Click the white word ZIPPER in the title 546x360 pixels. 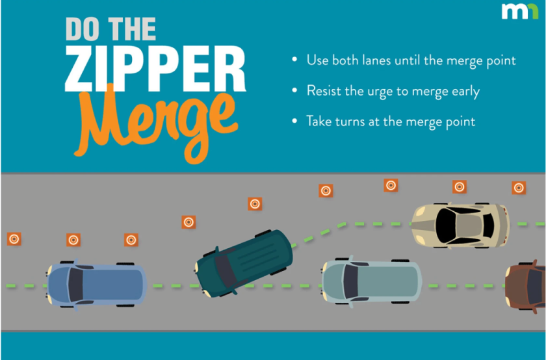point(155,69)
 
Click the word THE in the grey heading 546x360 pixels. point(132,29)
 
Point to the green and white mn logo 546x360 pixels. point(519,11)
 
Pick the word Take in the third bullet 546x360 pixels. point(318,121)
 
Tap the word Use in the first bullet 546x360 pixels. point(318,60)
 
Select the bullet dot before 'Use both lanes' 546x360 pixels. point(294,60)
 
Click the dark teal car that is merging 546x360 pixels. point(244,264)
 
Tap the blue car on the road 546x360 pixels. point(96,285)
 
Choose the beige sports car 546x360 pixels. point(460,225)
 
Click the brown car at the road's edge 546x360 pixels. point(526,285)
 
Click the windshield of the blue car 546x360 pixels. point(75,285)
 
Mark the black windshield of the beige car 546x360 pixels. point(445,225)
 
